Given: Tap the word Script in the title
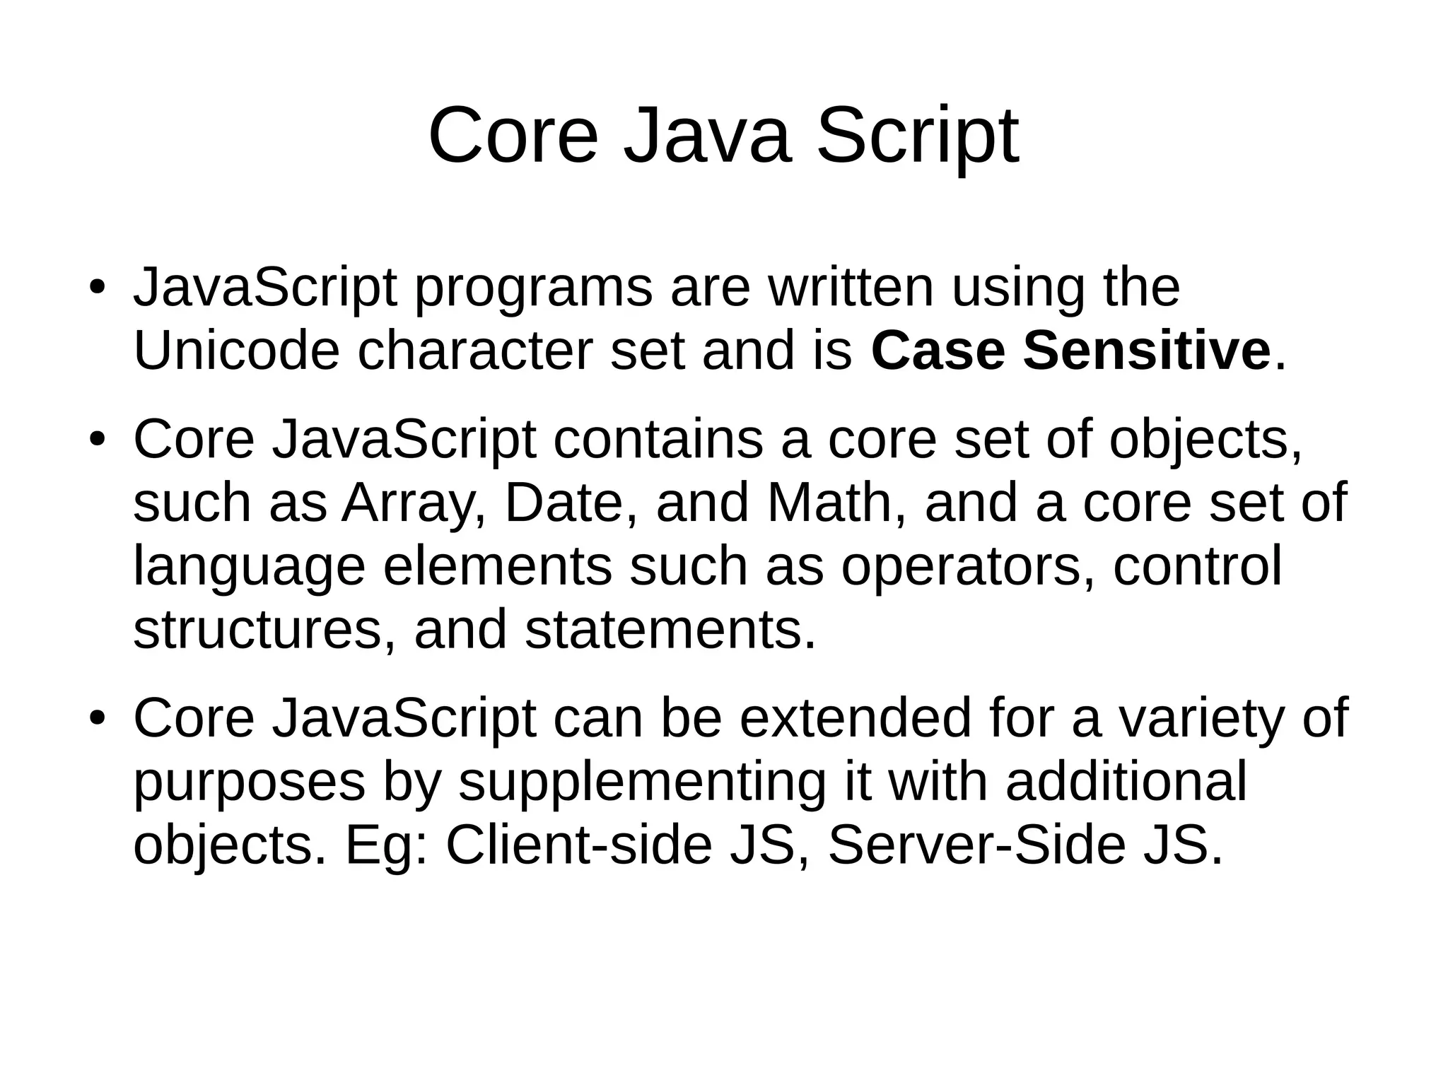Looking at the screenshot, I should click(918, 136).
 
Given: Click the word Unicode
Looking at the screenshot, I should click(236, 351).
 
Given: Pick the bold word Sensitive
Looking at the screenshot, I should click(1147, 351).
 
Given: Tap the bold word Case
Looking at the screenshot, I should click(938, 351).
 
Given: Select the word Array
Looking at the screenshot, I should click(414, 503).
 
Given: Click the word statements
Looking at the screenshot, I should click(670, 629).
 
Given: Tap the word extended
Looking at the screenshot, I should click(856, 718).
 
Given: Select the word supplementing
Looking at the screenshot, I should click(642, 783).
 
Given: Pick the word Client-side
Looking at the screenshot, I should click(578, 845).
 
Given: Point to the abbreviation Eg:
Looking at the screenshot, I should click(386, 847).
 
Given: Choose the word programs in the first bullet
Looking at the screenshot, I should click(533, 289).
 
